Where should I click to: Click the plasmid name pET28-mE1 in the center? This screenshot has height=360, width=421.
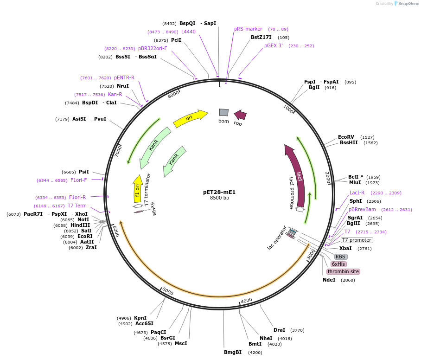219,192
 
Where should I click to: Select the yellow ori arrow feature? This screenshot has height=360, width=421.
190,118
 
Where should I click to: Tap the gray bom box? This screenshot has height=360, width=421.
224,113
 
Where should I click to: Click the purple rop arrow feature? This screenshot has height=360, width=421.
240,115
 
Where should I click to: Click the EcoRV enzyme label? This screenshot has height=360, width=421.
346,137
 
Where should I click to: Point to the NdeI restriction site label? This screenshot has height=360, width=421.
329,280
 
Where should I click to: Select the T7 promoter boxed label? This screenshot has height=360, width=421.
357,240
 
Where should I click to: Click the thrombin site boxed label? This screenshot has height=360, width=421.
343,271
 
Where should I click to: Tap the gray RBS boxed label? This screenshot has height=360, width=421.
340,257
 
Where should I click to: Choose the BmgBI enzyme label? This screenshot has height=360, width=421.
233,352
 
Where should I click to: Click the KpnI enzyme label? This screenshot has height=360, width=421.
140,318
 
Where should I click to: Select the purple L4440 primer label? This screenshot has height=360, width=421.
188,32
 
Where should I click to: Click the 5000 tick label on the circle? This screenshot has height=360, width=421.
167,291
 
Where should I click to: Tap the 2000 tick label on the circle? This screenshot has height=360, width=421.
327,177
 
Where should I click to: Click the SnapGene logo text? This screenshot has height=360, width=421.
408,4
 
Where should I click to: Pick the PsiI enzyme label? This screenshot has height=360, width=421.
84,172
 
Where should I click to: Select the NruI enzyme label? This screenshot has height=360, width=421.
123,86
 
